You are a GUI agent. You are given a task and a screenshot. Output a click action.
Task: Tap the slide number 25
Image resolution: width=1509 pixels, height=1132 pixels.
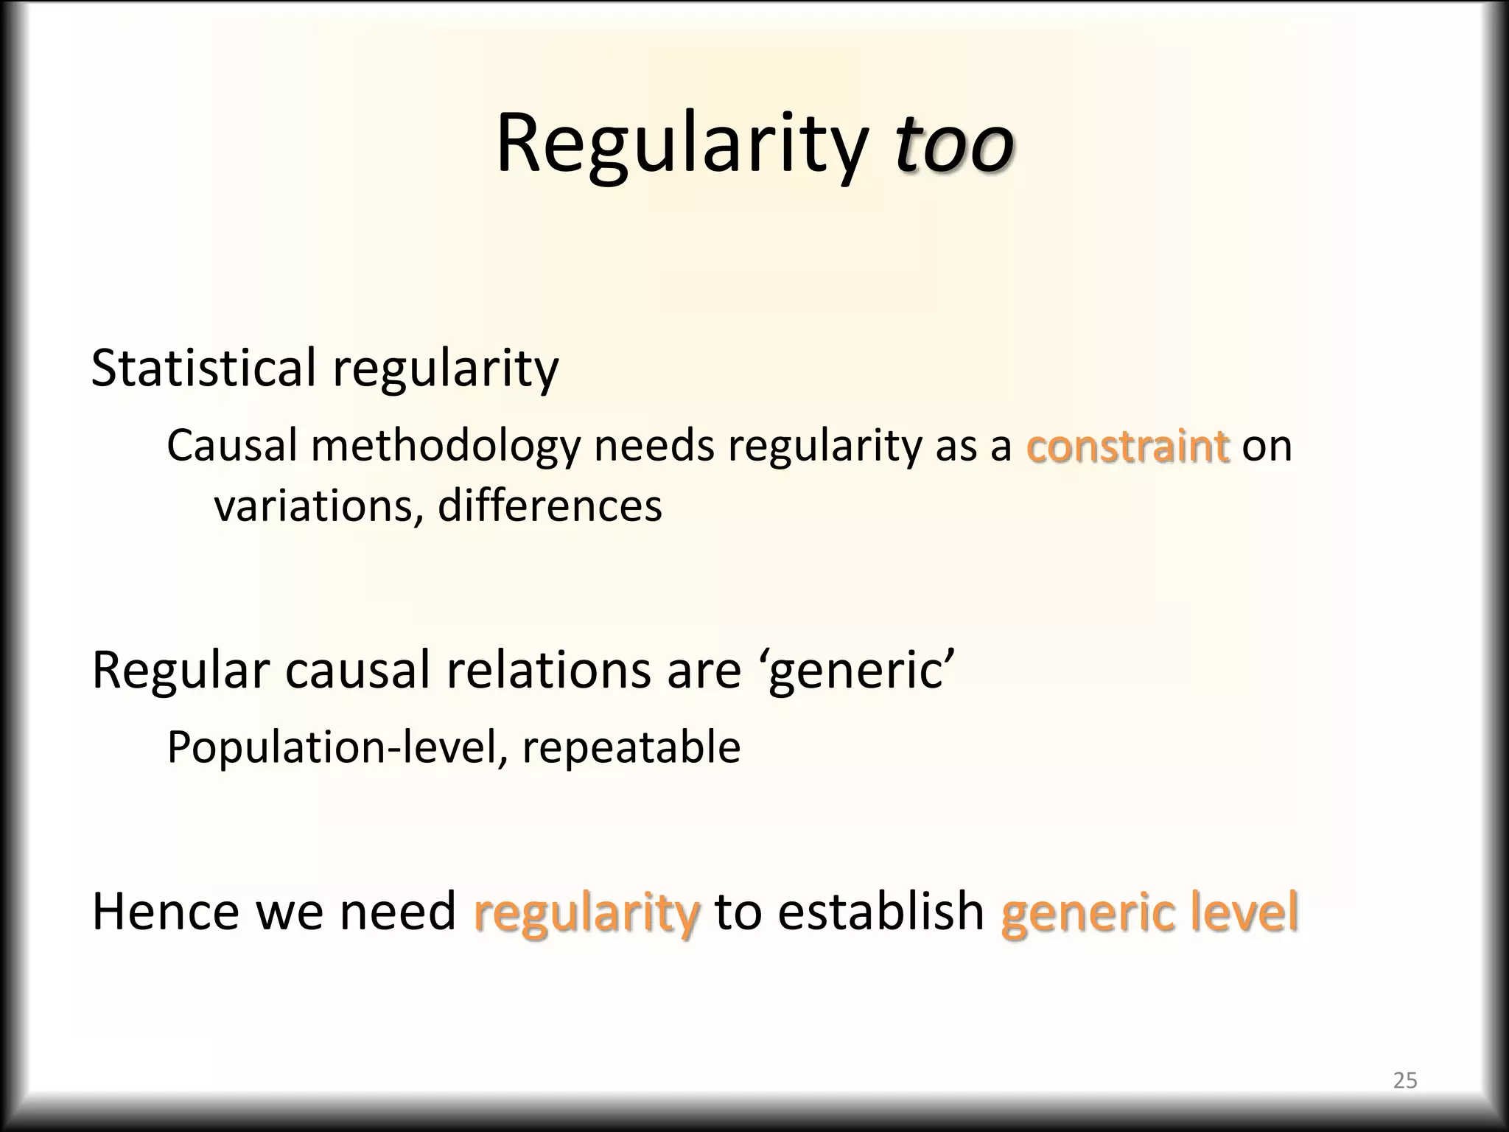[x=1404, y=1080]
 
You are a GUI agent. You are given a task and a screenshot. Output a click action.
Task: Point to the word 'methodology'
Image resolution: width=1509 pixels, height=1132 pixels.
[x=446, y=447]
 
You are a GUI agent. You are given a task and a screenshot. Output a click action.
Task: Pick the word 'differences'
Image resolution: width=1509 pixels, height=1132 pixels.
[x=550, y=506]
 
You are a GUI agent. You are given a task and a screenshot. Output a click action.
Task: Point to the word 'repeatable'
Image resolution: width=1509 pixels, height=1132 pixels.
[x=631, y=748]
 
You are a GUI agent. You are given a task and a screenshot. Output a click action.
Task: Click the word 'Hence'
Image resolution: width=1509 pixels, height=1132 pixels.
[x=166, y=912]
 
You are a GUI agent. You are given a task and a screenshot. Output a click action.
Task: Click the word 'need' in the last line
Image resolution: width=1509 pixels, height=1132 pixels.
[x=397, y=912]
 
